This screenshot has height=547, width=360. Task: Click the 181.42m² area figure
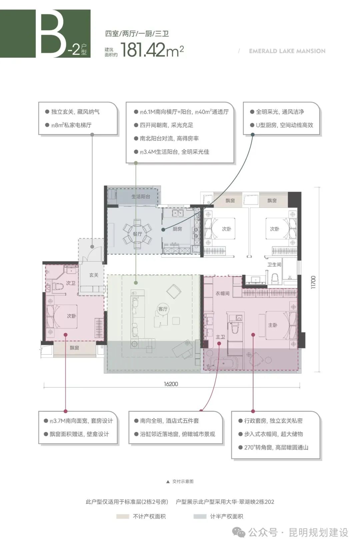tap(152, 50)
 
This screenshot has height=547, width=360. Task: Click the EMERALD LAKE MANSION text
tap(287, 51)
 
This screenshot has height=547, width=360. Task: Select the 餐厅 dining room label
tap(137, 234)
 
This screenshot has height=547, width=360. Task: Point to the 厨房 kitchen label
tap(177, 229)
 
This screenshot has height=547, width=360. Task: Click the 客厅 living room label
tap(163, 309)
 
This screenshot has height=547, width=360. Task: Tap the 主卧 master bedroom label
tap(273, 325)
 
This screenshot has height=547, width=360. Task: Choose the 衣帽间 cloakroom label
tap(222, 293)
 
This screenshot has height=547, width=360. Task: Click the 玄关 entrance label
tap(94, 275)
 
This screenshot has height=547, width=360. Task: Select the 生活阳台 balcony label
tap(140, 196)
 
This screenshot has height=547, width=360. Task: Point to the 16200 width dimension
tap(171, 384)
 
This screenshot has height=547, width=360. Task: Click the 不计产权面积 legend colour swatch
tap(122, 516)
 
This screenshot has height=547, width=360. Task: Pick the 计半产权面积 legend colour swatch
tap(200, 516)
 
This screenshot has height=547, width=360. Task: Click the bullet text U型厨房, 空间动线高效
tap(284, 125)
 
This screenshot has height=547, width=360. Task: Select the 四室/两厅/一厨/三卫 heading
tap(137, 34)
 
